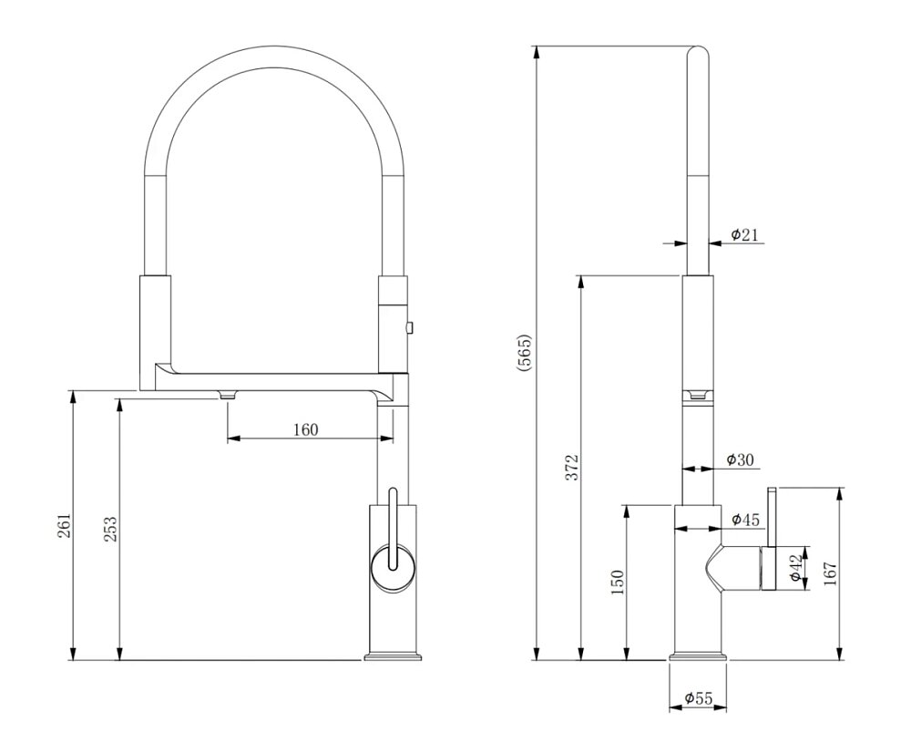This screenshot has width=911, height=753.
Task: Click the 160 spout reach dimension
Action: coord(305,429)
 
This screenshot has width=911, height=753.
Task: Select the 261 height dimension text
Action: coord(65,526)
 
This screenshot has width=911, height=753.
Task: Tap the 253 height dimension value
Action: coord(110,529)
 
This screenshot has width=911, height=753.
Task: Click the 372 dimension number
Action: coord(573,467)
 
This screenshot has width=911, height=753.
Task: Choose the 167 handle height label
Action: coord(831,573)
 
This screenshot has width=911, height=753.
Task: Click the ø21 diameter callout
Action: coord(744,235)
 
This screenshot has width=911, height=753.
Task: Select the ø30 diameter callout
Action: coord(740,460)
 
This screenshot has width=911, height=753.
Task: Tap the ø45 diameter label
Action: coord(745,520)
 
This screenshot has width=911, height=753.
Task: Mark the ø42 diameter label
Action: coord(795,568)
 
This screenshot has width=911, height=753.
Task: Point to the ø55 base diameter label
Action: coord(699,697)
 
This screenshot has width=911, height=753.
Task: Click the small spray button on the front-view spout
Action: coord(410,328)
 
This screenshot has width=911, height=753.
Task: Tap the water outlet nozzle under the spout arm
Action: coord(227,396)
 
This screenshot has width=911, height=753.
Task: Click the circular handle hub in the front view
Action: coord(393,569)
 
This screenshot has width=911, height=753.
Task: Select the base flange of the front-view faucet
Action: coord(393,657)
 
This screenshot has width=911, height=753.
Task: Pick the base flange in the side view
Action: coord(698,657)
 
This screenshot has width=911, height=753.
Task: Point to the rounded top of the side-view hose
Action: coord(699,52)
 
